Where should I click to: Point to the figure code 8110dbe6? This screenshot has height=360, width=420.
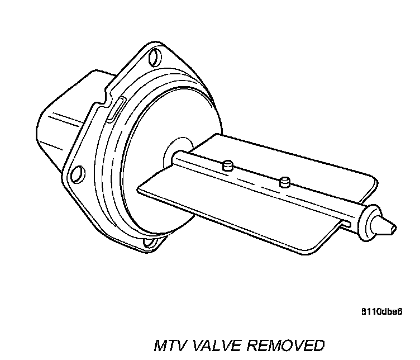(x=384, y=311)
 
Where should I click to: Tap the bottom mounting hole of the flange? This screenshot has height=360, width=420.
(x=149, y=242)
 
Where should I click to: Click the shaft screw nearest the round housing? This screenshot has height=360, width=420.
(x=227, y=166)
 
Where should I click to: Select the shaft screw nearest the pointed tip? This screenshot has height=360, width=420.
(x=285, y=181)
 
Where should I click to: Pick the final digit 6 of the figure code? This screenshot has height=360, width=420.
(x=400, y=311)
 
